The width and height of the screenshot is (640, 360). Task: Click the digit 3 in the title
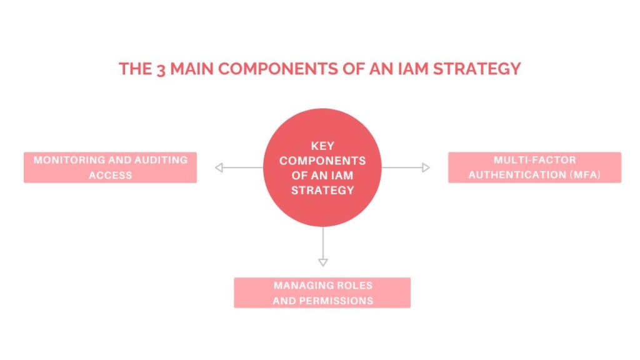point(161,70)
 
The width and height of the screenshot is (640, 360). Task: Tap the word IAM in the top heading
point(413,69)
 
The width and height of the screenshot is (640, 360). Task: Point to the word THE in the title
point(135,69)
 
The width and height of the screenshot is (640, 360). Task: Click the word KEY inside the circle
point(322,146)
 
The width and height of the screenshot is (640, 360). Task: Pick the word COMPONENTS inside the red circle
point(322,161)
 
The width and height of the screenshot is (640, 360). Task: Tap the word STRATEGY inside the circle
point(322,190)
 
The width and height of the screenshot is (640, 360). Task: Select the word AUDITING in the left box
point(161,159)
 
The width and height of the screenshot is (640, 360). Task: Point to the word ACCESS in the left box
point(110,175)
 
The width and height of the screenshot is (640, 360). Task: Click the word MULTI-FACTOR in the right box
point(535,159)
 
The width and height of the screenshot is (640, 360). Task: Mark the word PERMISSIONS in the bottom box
point(336,301)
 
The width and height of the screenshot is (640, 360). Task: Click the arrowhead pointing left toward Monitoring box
point(219,167)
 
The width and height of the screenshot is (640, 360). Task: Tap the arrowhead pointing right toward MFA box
point(426,167)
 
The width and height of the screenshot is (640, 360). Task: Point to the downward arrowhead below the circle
point(323,262)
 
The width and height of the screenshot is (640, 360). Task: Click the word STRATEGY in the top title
point(477,69)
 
